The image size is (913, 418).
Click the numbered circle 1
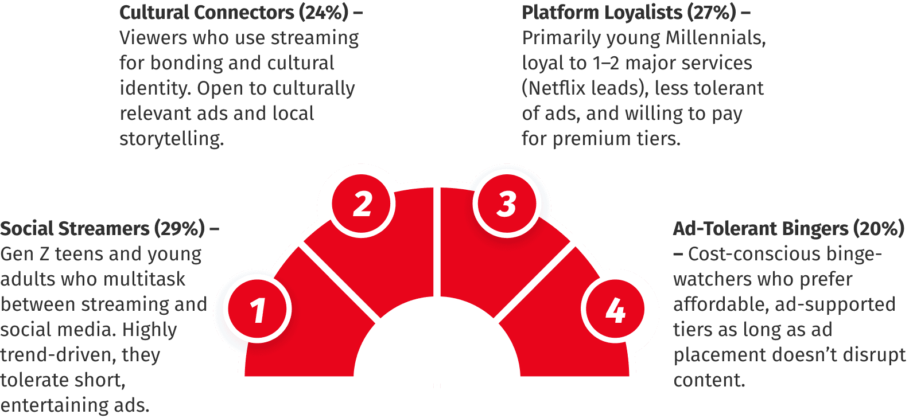(x=258, y=309)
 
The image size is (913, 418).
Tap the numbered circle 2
(x=362, y=204)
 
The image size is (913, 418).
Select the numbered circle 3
(x=507, y=204)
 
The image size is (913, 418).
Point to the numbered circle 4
(x=615, y=309)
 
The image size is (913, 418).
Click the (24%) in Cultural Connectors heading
(x=324, y=13)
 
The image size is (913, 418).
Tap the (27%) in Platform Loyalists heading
(x=712, y=13)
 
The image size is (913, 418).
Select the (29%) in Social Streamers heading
(x=180, y=229)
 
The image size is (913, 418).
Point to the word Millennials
(x=716, y=38)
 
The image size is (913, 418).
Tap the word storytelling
(x=172, y=139)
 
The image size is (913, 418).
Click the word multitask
(x=144, y=279)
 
